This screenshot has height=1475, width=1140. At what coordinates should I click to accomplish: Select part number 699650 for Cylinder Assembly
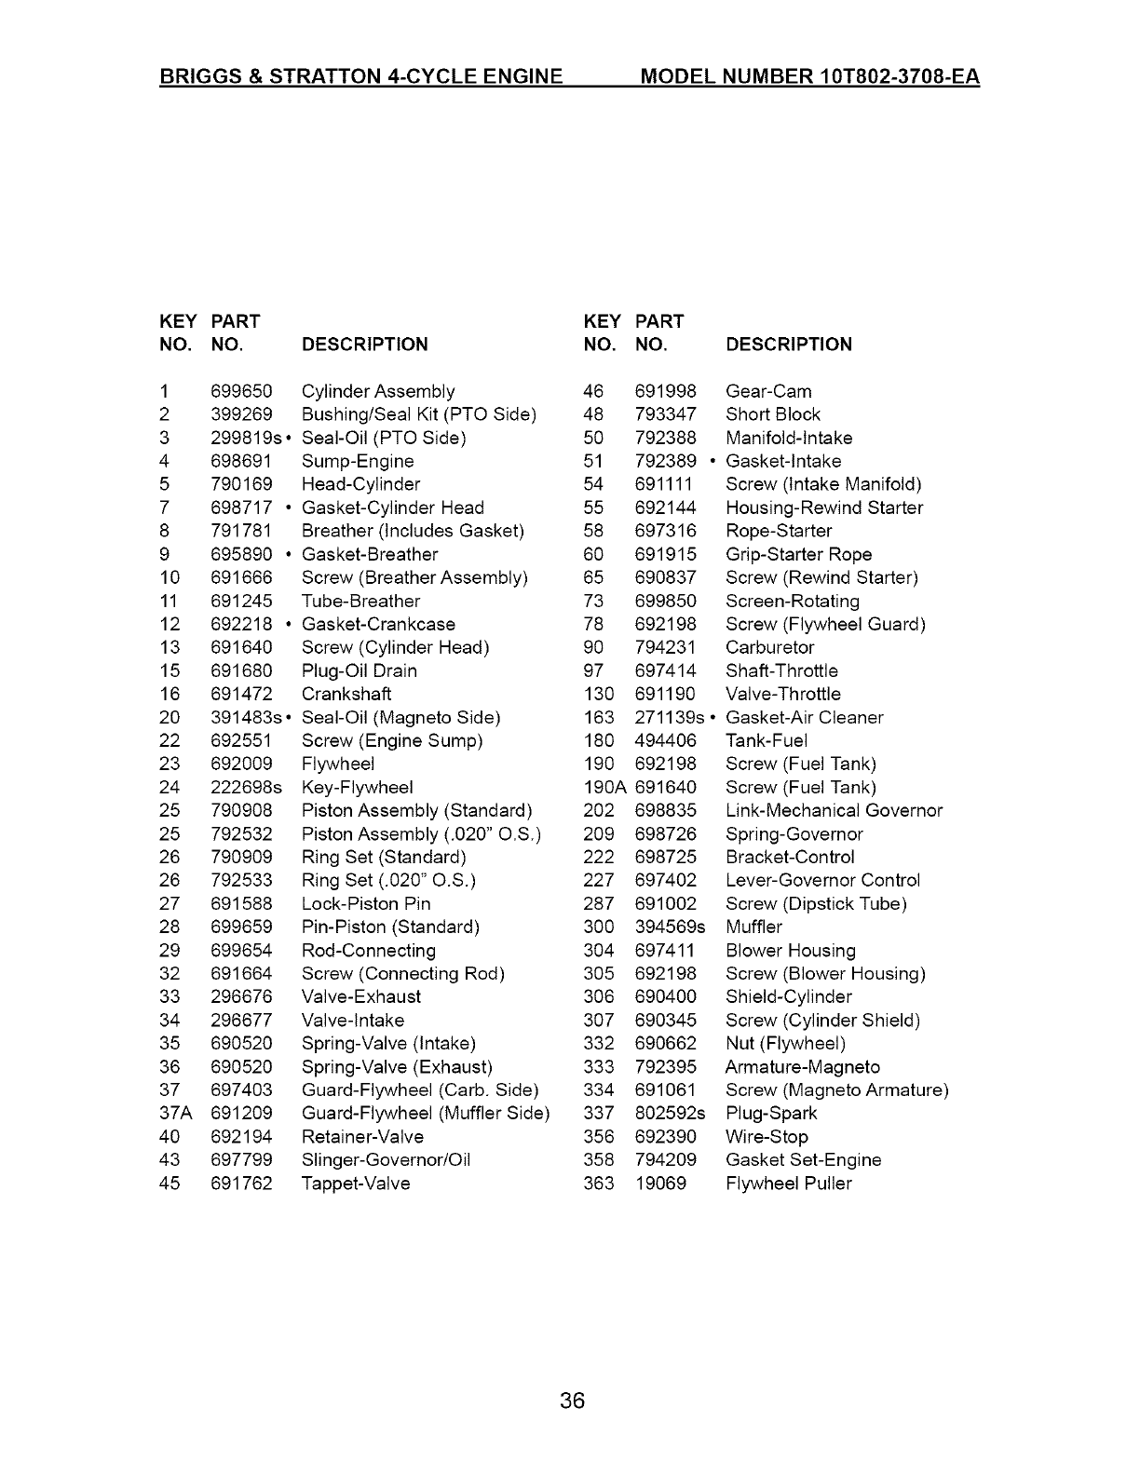click(241, 391)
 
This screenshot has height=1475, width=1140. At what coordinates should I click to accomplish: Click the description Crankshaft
click(346, 694)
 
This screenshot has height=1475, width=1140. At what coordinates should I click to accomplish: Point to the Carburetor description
click(769, 647)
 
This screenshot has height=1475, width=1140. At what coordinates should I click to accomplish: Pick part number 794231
click(665, 647)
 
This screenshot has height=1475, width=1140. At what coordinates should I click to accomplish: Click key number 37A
click(175, 1113)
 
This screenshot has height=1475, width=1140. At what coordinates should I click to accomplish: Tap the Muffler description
click(753, 927)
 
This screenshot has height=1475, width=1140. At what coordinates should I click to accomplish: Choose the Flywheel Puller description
click(788, 1184)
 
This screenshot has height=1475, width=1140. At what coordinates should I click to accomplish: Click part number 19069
click(660, 1184)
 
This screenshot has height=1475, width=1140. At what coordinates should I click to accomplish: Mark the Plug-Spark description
click(770, 1113)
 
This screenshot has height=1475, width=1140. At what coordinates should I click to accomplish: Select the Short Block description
click(772, 414)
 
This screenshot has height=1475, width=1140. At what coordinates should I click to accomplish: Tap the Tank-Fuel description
click(766, 740)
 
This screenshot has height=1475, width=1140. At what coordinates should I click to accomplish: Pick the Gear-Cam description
click(768, 391)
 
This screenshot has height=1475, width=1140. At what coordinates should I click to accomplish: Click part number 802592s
click(670, 1113)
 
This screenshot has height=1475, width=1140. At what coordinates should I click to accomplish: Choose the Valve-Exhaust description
click(360, 996)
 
